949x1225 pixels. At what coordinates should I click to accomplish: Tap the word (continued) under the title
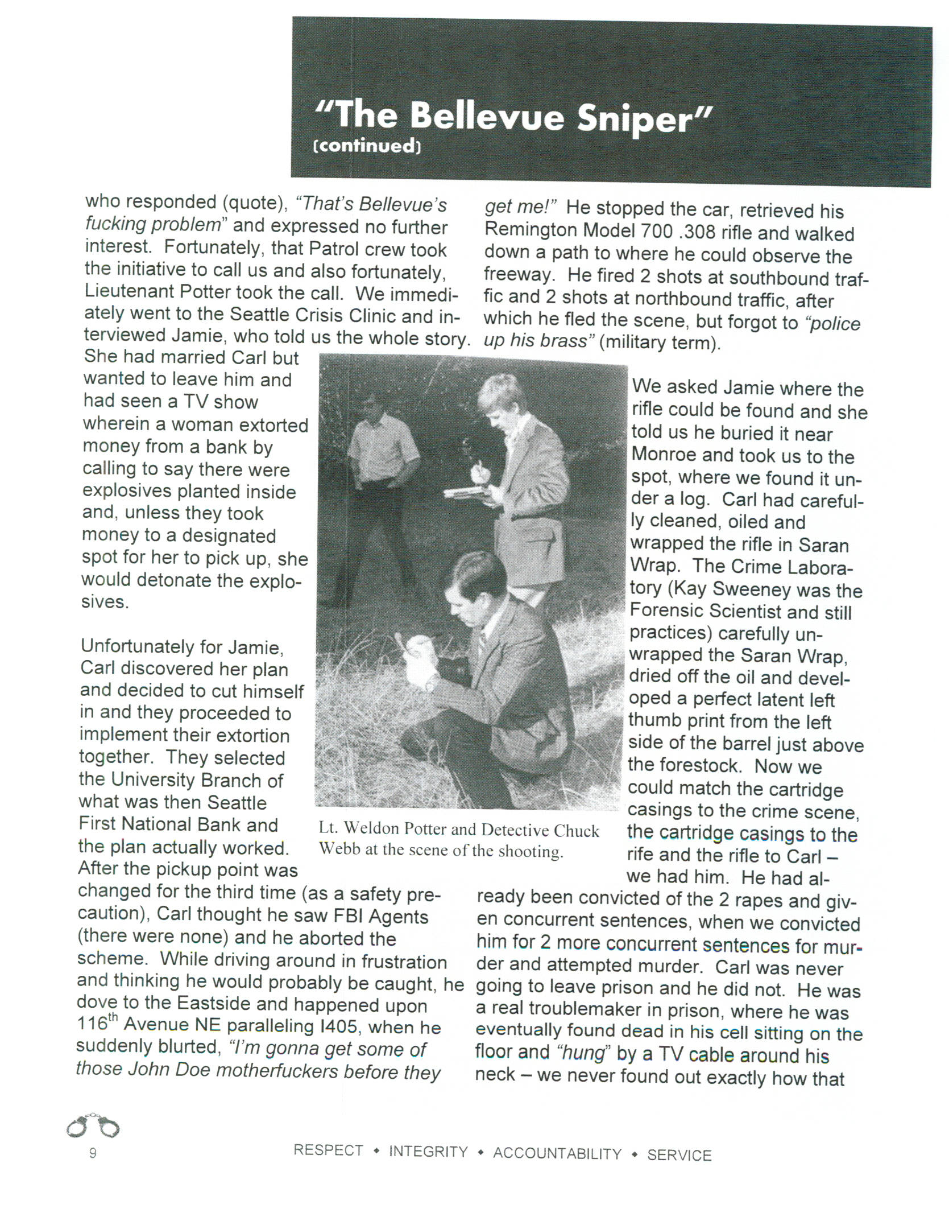tap(367, 146)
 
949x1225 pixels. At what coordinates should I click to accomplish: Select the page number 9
tap(93, 1153)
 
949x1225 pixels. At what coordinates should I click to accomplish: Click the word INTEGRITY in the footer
tap(428, 1152)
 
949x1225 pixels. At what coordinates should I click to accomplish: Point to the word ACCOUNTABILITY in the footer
tap(557, 1153)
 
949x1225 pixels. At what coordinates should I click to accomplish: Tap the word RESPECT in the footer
tap(328, 1150)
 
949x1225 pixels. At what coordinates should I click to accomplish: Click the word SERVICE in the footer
tap(679, 1155)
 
